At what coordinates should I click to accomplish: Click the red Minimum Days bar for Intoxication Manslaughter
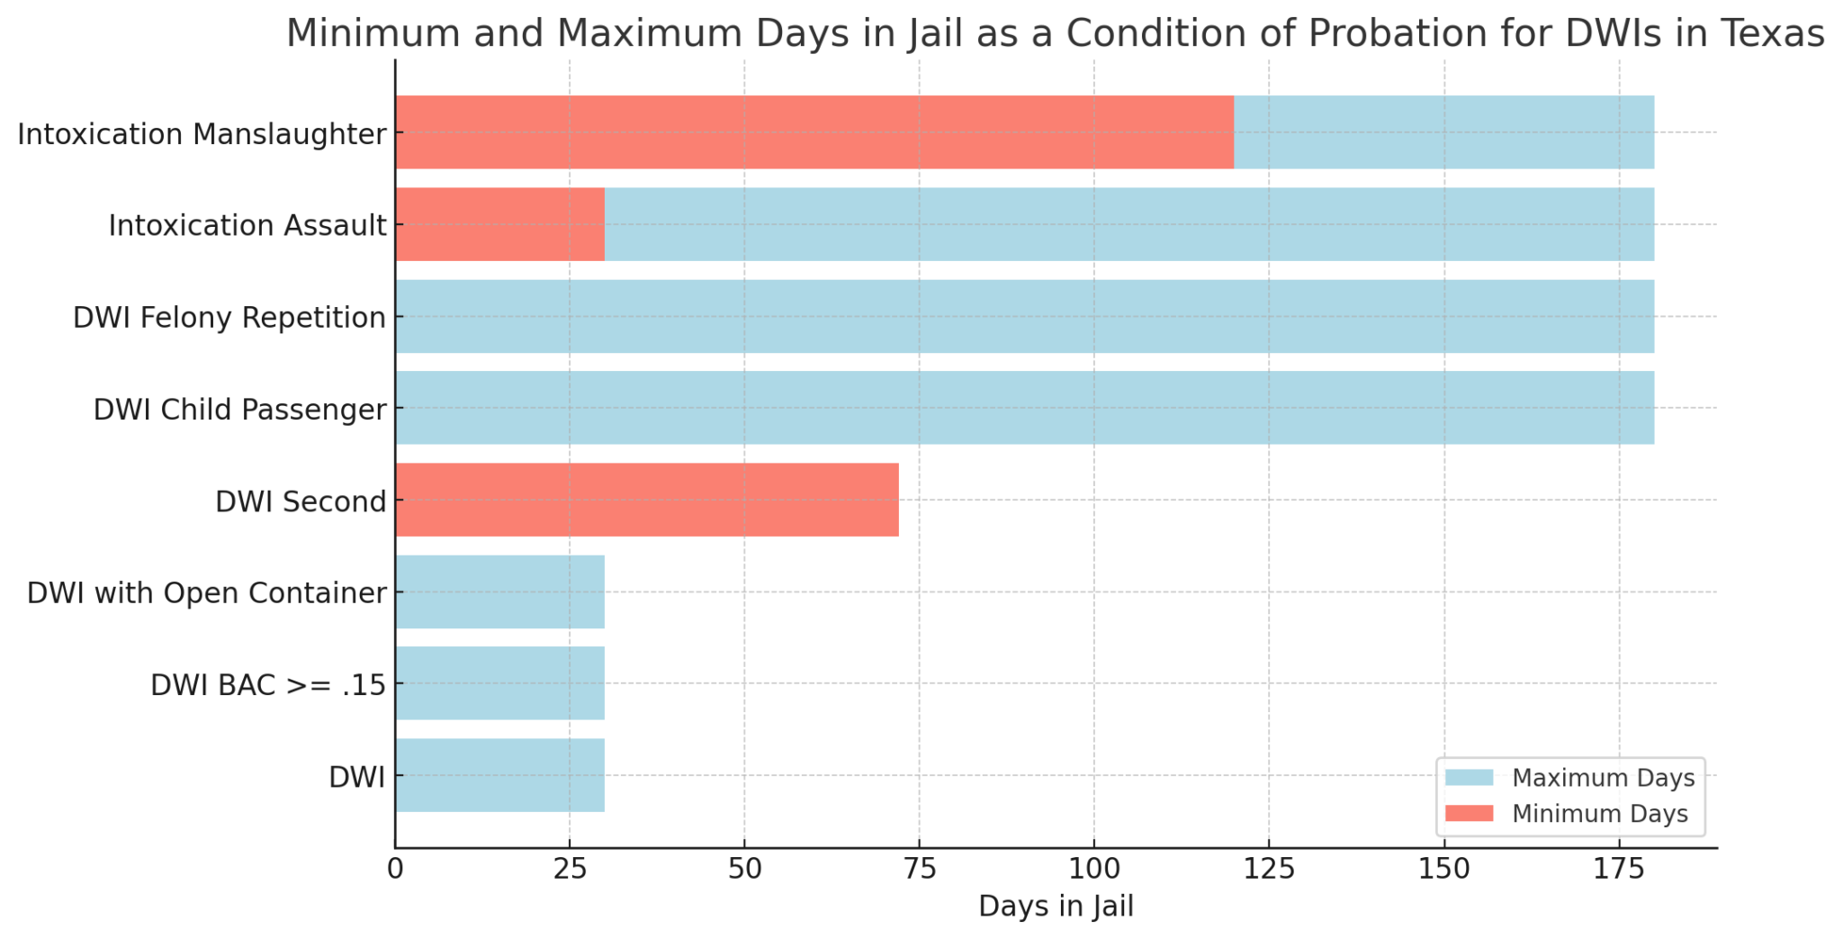[814, 132]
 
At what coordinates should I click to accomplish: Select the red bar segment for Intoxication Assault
[499, 224]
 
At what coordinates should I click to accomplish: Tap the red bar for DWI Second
[646, 500]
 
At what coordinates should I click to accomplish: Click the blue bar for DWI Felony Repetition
[1024, 316]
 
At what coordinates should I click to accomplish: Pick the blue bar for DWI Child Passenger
[1024, 408]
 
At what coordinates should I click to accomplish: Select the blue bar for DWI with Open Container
[499, 591]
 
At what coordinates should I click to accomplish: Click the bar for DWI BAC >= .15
[499, 683]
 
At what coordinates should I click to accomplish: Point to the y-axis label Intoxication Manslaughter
[202, 134]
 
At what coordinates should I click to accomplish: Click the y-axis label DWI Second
[301, 501]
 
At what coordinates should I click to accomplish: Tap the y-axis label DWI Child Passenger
[239, 410]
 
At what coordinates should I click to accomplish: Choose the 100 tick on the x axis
[1094, 869]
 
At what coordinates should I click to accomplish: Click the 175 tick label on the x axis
[1619, 869]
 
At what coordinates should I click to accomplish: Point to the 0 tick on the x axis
[395, 869]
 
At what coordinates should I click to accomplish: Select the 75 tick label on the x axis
[919, 869]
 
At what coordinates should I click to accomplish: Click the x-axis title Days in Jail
[1056, 906]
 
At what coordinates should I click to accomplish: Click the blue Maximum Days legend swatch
[1469, 777]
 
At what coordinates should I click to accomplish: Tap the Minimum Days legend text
[1599, 814]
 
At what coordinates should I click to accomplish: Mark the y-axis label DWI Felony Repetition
[229, 318]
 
